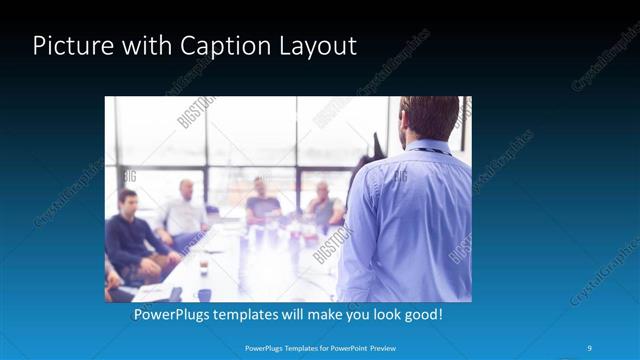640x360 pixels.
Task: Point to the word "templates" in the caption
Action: (x=259, y=314)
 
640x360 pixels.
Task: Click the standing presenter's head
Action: (x=429, y=118)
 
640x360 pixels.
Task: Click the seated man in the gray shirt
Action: (x=323, y=207)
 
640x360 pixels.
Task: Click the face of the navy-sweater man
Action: (x=128, y=203)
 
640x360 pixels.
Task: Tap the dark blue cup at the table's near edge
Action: (x=204, y=294)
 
